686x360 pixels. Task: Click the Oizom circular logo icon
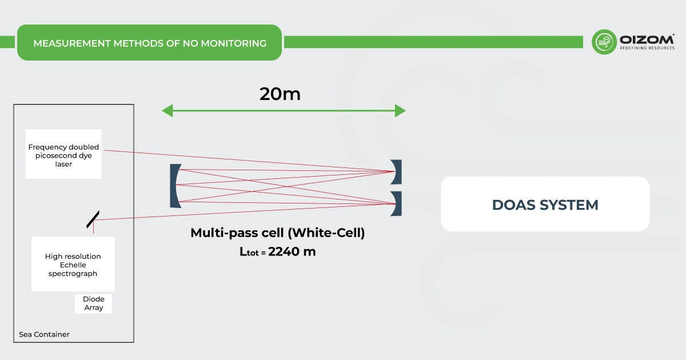click(x=604, y=42)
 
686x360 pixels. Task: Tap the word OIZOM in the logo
click(x=647, y=39)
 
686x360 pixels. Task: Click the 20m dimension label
click(x=280, y=94)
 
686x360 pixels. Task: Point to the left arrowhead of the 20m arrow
click(x=167, y=111)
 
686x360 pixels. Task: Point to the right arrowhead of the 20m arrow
click(x=400, y=111)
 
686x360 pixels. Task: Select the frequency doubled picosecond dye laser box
click(x=63, y=155)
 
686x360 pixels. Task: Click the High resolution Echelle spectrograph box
click(x=73, y=265)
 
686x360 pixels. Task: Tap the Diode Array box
click(x=93, y=303)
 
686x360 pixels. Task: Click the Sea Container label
click(x=45, y=334)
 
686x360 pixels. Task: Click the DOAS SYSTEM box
click(x=545, y=205)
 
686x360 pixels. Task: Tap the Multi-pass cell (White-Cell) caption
click(x=277, y=233)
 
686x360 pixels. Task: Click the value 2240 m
click(x=292, y=251)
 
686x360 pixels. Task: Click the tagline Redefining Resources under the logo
click(x=647, y=49)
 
